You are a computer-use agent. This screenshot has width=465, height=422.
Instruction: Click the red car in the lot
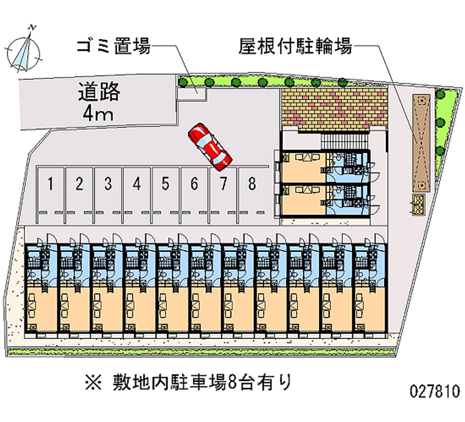pyautogui.click(x=209, y=147)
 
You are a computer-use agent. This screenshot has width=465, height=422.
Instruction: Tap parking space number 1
pyautogui.click(x=51, y=185)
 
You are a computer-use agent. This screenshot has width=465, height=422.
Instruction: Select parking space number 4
pyautogui.click(x=137, y=185)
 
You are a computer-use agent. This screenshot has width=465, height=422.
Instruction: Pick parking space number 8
pyautogui.click(x=252, y=185)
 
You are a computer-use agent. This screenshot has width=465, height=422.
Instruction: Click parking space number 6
pyautogui.click(x=194, y=185)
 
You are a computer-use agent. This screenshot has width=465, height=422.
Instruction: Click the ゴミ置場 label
pyautogui.click(x=114, y=46)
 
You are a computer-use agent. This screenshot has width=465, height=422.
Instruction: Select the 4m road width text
pyautogui.click(x=97, y=113)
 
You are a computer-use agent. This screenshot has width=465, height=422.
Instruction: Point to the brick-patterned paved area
pyautogui.click(x=334, y=107)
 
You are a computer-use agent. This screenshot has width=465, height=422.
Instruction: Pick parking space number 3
pyautogui.click(x=108, y=185)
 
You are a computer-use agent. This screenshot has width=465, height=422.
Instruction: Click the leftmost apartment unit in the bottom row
pyautogui.click(x=41, y=287)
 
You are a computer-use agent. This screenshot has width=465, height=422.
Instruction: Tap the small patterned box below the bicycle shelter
pyautogui.click(x=419, y=203)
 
